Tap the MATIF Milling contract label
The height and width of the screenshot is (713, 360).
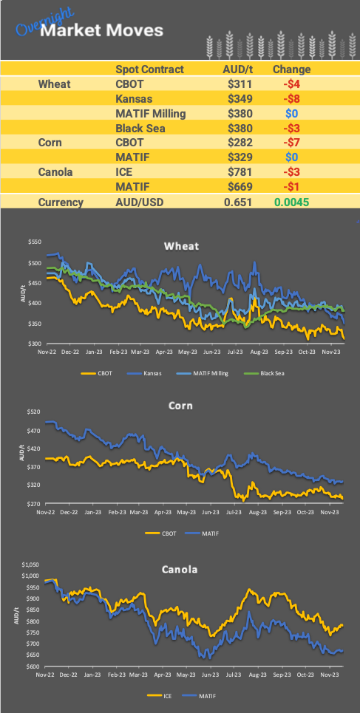tap(151, 114)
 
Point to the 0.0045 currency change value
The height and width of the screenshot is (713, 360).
tap(291, 202)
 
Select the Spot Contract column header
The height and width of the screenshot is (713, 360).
tap(149, 69)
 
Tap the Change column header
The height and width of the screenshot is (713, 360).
tap(291, 69)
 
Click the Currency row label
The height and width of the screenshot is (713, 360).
tap(61, 202)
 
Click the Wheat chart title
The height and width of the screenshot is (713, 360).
tap(181, 246)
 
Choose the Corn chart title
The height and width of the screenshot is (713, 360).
tap(181, 405)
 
